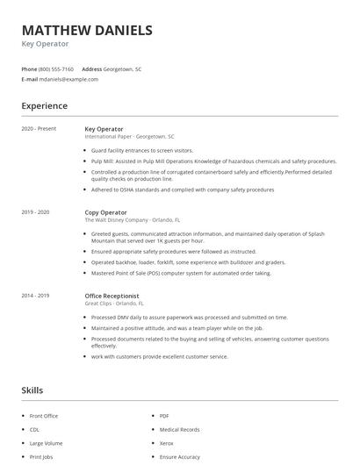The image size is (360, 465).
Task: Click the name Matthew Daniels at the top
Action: tap(86, 31)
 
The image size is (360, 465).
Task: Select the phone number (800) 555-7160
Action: tap(56, 68)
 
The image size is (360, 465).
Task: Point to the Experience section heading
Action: tap(44, 106)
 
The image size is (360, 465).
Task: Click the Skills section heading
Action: tap(32, 390)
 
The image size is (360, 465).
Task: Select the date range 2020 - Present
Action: tap(39, 129)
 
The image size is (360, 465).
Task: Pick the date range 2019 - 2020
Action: tap(35, 212)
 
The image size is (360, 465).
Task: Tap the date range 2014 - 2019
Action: tap(35, 296)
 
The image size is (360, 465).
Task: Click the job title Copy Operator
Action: tap(104, 212)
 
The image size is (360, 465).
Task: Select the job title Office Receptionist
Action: tap(112, 296)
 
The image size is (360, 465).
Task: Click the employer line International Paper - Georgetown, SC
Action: tap(129, 137)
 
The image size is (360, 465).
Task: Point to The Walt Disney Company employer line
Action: tap(133, 220)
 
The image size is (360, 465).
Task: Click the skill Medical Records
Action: tap(180, 430)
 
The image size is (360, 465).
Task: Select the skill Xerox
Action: tap(167, 444)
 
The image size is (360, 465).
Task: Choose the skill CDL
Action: tap(34, 430)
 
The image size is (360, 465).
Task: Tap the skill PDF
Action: tap(164, 416)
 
